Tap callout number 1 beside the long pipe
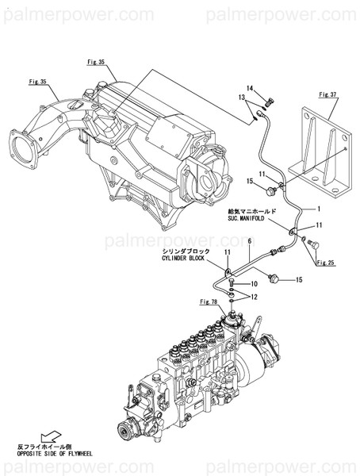319,209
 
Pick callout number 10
255,283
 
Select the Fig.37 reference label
327,94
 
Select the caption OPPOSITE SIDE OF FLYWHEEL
55,454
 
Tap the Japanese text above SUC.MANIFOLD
251,210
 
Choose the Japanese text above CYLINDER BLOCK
188,251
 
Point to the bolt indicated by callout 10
229,282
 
